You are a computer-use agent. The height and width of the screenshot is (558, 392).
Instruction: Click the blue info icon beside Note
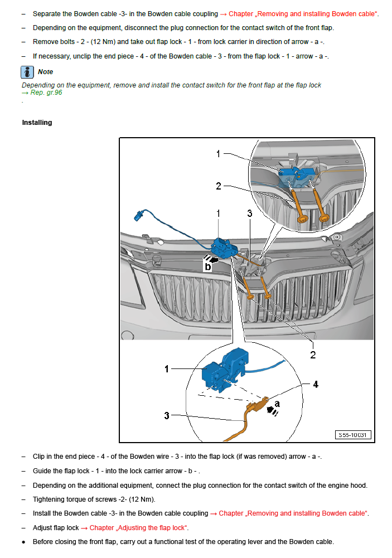coord(28,72)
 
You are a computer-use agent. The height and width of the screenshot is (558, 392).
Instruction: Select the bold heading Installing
coord(37,123)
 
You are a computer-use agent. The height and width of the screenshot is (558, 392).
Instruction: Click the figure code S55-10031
coord(354,435)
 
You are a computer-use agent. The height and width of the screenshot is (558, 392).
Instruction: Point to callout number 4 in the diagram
coord(316,385)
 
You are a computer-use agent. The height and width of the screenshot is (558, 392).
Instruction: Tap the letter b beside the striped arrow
coord(207,267)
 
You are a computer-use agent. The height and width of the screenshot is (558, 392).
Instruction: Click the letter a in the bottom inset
coord(277,402)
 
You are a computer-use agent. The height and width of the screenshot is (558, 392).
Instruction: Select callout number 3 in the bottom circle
coord(166,415)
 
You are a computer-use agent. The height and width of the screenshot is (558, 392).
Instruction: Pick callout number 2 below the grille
coord(313,355)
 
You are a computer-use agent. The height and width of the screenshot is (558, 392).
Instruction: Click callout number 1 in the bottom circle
coord(166,369)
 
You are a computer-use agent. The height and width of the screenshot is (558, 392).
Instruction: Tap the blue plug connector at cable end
coord(139,215)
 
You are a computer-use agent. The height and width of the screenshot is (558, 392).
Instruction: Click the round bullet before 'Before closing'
coord(23,542)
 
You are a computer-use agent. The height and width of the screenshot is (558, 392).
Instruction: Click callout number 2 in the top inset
coord(219,186)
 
